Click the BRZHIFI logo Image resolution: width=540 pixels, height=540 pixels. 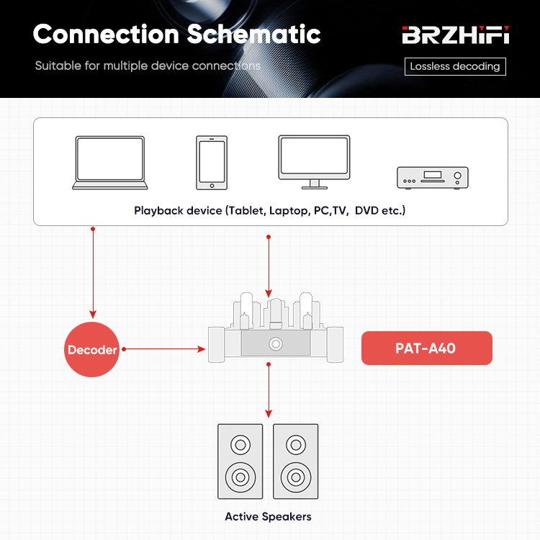[x=455, y=35]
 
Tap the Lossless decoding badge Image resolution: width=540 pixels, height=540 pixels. [x=454, y=66]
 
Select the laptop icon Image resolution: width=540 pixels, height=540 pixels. [x=109, y=163]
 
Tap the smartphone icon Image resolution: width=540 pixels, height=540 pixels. [x=212, y=163]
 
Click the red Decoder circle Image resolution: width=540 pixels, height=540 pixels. [x=92, y=350]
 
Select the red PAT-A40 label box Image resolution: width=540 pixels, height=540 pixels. [x=426, y=348]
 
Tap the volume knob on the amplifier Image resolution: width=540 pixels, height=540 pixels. [x=275, y=345]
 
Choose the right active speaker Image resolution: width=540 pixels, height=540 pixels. [x=295, y=461]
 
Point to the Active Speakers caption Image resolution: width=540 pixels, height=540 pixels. [x=268, y=516]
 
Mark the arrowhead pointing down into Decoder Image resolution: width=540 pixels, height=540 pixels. [x=92, y=313]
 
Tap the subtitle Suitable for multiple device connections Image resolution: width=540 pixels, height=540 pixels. [x=148, y=66]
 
